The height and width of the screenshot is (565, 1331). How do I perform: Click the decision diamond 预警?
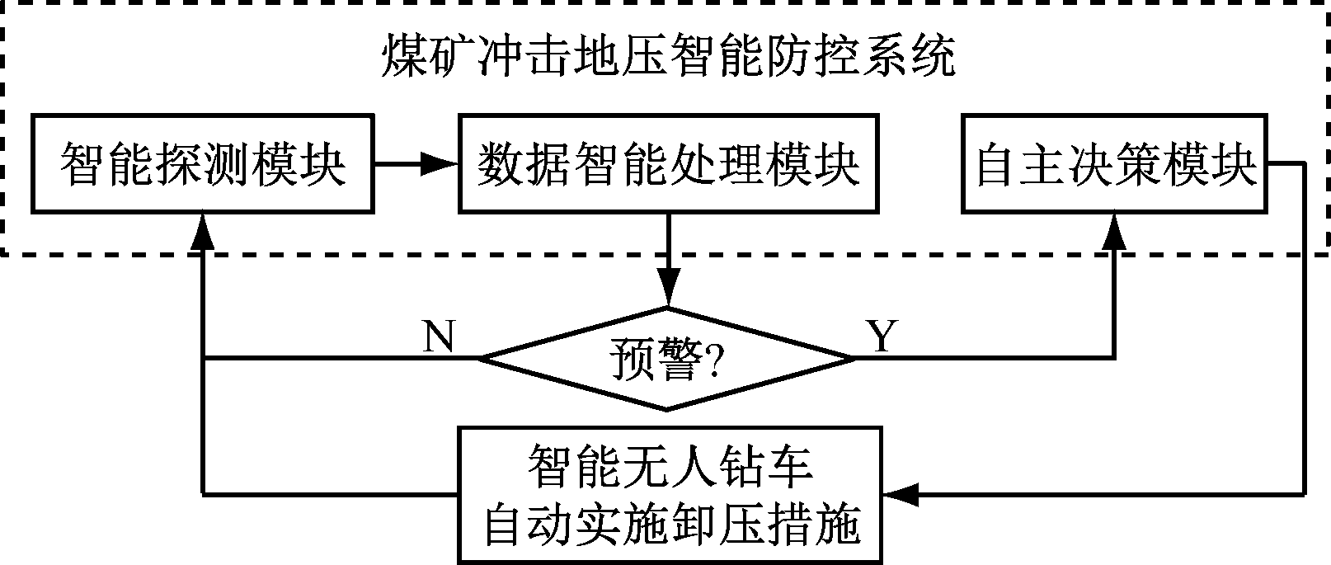pos(666,359)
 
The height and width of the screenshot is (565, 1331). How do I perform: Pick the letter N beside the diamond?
pos(438,337)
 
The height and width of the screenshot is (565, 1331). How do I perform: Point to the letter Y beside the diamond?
pos(881,337)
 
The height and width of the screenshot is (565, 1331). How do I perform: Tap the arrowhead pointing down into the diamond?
pos(668,290)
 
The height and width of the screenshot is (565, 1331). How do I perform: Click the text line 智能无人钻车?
pos(670,467)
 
